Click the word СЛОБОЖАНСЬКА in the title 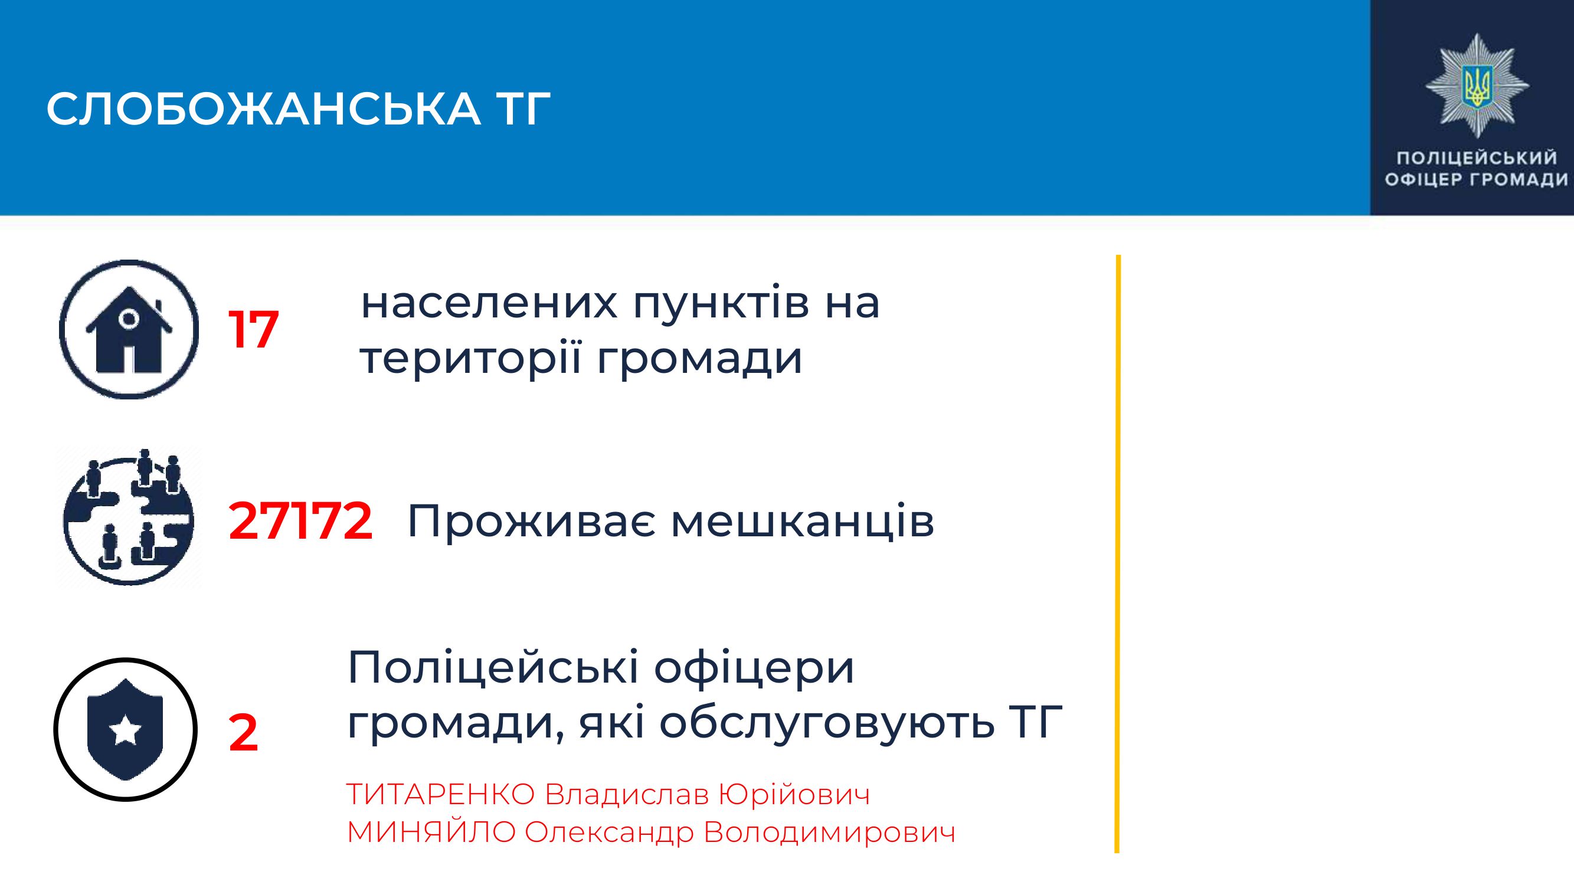coord(263,109)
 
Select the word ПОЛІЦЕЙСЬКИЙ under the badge coord(1477,158)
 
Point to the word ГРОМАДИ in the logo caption coord(1519,179)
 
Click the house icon coord(129,330)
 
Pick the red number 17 coord(253,330)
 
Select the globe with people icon coord(129,518)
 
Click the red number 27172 coord(300,521)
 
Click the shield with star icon coord(125,729)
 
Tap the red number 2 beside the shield coord(243,733)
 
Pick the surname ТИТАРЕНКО coord(440,795)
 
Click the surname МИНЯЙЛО coord(431,832)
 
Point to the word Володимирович coord(829,833)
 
